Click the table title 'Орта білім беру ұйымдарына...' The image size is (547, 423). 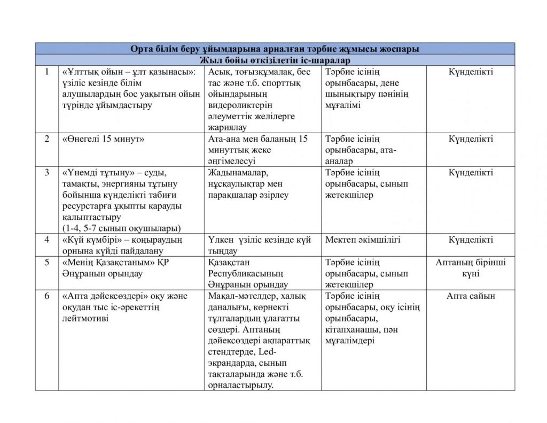click(275, 49)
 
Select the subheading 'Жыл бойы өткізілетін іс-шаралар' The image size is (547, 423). click(275, 60)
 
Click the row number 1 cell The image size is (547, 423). click(47, 72)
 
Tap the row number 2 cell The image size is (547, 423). click(47, 139)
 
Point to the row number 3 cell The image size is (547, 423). click(47, 173)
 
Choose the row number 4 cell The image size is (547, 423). click(47, 240)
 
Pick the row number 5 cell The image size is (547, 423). click(47, 263)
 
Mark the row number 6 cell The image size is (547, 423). click(47, 296)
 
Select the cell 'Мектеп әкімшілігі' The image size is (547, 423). click(363, 240)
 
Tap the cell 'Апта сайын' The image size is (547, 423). click(471, 296)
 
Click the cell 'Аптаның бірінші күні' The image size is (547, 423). click(471, 268)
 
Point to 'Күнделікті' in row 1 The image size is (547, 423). click(471, 72)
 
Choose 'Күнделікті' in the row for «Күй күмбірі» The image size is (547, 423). click(471, 240)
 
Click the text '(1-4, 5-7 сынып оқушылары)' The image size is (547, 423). click(121, 228)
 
